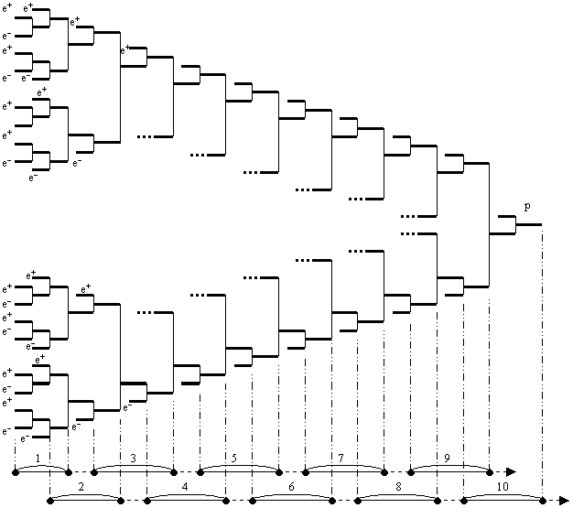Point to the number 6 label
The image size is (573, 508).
(291, 487)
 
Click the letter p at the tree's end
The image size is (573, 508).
(527, 207)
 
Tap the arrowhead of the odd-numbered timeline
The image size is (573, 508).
(512, 470)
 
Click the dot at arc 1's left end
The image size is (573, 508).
(16, 470)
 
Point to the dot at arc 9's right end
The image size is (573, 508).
(490, 470)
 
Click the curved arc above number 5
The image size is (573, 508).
(239, 466)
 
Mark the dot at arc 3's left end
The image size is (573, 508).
(94, 470)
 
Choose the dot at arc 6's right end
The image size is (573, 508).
(331, 501)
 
